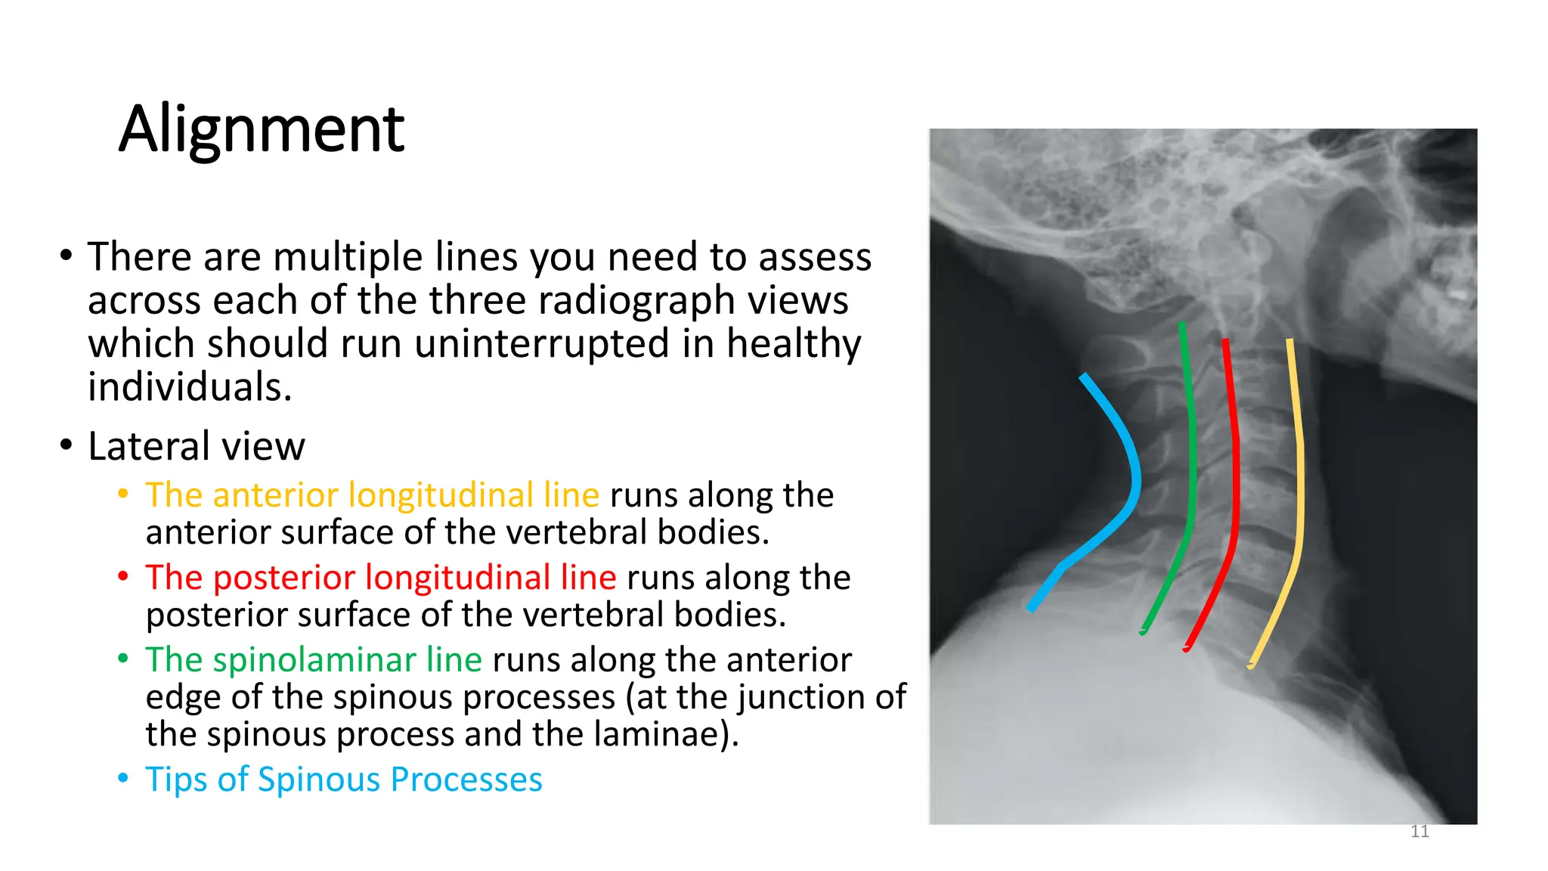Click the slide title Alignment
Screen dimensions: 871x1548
pyautogui.click(x=262, y=129)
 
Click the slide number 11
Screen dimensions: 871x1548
pyautogui.click(x=1420, y=832)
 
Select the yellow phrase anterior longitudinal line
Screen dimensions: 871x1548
pyautogui.click(x=373, y=495)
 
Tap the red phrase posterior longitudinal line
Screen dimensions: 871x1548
pyautogui.click(x=381, y=578)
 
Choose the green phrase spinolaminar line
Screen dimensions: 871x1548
pyautogui.click(x=314, y=660)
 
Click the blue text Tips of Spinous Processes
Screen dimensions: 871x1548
pyautogui.click(x=344, y=780)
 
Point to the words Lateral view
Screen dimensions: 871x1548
pyautogui.click(x=197, y=446)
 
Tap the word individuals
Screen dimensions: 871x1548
pyautogui.click(x=189, y=388)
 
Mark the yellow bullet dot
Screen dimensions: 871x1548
pyautogui.click(x=123, y=494)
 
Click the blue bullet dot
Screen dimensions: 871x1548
pyautogui.click(x=123, y=779)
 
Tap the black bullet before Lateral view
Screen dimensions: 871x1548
pyautogui.click(x=67, y=445)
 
